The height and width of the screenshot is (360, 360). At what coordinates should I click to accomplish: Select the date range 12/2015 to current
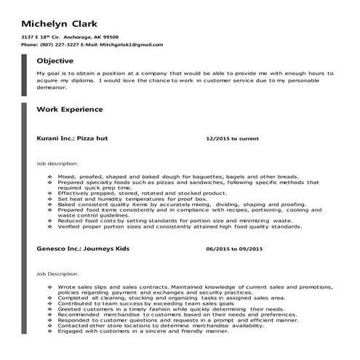[x=232, y=137]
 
